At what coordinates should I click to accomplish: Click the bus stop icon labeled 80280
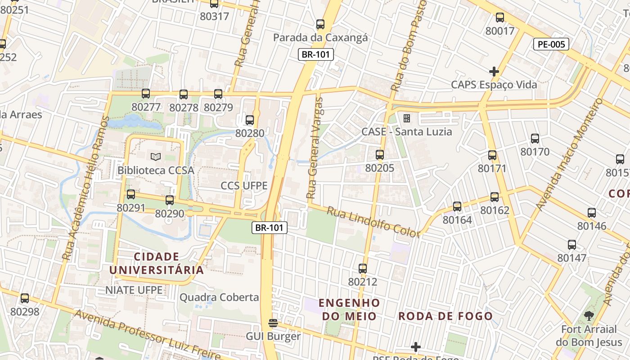click(x=250, y=120)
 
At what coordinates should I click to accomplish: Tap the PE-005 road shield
click(x=551, y=44)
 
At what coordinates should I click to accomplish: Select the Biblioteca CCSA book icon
click(x=156, y=157)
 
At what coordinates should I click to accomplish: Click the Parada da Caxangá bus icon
click(x=320, y=24)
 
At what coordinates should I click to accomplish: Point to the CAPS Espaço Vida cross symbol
click(x=494, y=72)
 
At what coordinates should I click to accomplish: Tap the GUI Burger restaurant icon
click(x=273, y=323)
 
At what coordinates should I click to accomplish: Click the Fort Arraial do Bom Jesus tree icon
click(x=589, y=316)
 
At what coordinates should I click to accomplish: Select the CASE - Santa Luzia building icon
click(x=407, y=118)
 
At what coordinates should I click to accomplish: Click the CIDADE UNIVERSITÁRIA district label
click(x=157, y=263)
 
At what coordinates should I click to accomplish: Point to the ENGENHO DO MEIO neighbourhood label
click(x=350, y=309)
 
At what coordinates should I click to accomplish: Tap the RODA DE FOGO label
click(x=445, y=316)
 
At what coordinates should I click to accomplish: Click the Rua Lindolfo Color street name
click(x=373, y=222)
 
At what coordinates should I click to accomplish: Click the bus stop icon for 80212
click(x=363, y=269)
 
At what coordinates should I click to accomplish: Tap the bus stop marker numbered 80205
click(x=380, y=155)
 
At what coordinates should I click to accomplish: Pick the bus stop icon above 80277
click(x=146, y=94)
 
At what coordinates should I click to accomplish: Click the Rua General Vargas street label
click(x=315, y=148)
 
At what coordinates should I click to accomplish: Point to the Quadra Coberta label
click(x=219, y=297)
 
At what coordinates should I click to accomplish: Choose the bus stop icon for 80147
click(x=572, y=245)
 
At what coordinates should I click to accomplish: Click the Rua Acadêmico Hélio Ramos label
click(x=85, y=188)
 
